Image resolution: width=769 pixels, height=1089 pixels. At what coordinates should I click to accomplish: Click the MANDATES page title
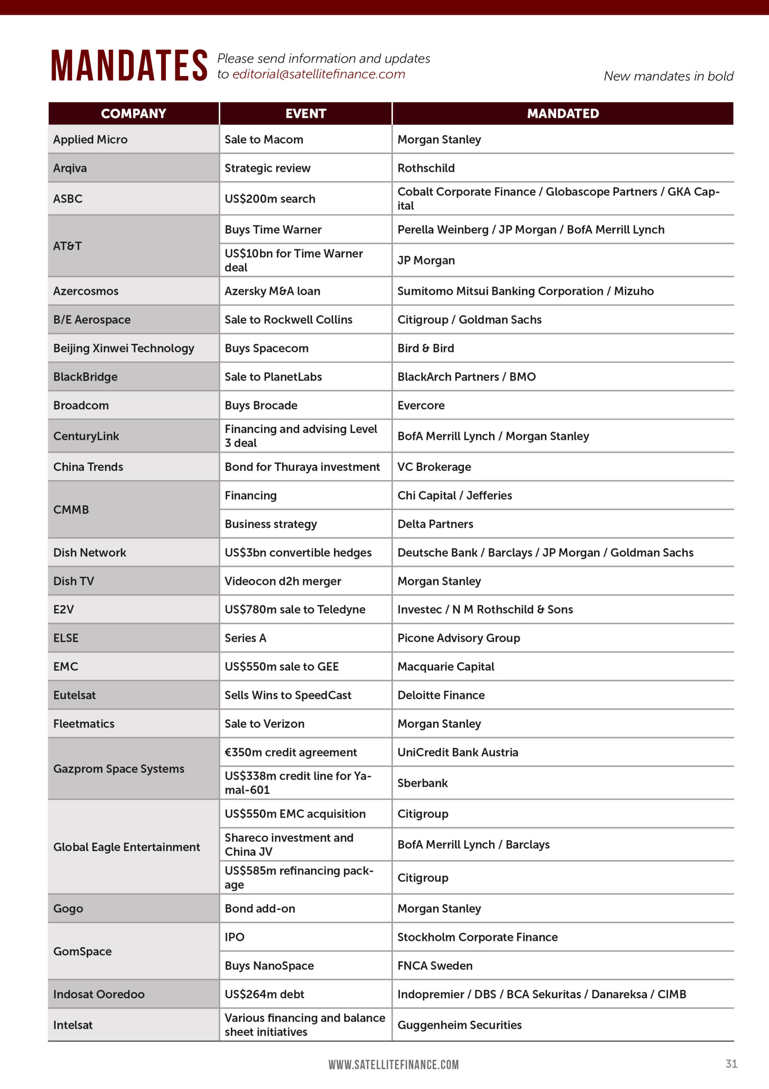click(x=129, y=66)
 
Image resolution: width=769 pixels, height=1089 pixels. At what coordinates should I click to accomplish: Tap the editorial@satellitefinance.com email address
click(x=318, y=74)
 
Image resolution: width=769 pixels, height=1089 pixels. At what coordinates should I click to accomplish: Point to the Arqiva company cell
click(x=70, y=168)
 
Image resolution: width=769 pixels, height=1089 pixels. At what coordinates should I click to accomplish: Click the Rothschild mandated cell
click(x=426, y=168)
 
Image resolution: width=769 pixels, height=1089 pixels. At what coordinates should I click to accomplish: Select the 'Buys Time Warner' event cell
click(x=273, y=230)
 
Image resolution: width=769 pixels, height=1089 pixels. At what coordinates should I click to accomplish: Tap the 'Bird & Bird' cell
click(x=426, y=348)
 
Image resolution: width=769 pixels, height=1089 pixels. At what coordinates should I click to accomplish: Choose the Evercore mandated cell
click(x=421, y=405)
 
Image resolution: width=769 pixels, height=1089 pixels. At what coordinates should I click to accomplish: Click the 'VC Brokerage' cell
click(x=434, y=467)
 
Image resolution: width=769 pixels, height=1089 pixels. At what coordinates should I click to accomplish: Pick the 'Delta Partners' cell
click(x=435, y=524)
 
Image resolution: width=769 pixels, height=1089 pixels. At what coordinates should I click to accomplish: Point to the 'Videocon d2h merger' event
click(x=283, y=581)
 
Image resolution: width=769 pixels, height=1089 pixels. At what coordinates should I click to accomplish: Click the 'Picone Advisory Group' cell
click(x=458, y=638)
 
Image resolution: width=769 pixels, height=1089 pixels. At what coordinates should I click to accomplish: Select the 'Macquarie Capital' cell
click(x=446, y=667)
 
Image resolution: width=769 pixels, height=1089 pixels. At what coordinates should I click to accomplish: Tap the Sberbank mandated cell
click(x=422, y=783)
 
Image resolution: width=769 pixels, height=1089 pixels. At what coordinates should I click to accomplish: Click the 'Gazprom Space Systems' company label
click(x=119, y=769)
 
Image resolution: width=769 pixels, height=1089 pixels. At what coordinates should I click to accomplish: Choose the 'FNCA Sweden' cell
click(x=435, y=966)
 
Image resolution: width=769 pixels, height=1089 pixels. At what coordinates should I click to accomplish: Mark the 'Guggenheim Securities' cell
click(x=459, y=1025)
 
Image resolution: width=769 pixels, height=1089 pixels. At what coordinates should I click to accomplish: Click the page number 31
click(x=731, y=1064)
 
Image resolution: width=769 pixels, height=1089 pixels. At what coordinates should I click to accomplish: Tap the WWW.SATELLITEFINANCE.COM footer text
click(x=393, y=1065)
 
